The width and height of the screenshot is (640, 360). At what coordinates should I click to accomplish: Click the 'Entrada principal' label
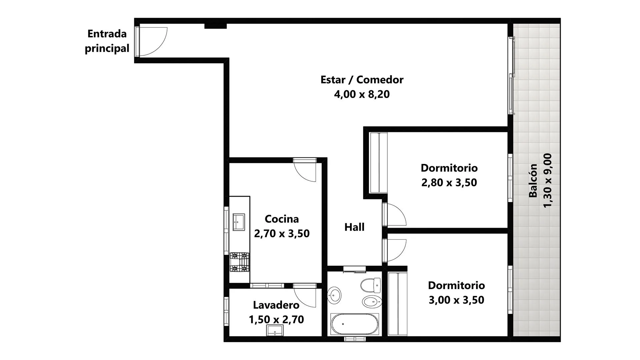click(107, 41)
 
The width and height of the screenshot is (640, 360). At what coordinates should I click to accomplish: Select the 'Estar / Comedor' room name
click(362, 80)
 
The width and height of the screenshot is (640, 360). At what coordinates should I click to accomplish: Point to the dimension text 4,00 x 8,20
click(362, 94)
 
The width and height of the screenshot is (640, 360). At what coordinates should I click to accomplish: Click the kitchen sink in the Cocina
click(239, 222)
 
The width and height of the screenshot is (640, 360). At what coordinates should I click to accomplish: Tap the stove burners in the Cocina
click(240, 262)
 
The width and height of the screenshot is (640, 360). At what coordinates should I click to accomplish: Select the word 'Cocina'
click(282, 219)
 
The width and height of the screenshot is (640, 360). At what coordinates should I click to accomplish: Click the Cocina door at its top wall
click(305, 170)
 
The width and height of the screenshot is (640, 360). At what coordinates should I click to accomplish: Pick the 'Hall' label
click(354, 227)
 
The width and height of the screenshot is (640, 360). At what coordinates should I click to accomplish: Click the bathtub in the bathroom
click(355, 324)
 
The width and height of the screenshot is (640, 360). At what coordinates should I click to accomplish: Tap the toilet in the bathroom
click(371, 286)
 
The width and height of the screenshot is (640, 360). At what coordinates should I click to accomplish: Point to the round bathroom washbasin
click(334, 295)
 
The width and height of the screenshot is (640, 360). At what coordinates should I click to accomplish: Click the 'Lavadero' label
click(276, 305)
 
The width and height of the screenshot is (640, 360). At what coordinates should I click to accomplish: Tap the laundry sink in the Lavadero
click(275, 330)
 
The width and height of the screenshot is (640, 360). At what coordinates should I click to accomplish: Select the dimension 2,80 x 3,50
click(449, 183)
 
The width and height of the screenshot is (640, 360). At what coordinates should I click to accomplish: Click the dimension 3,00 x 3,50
click(456, 300)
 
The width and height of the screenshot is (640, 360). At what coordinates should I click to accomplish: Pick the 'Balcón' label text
click(533, 181)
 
